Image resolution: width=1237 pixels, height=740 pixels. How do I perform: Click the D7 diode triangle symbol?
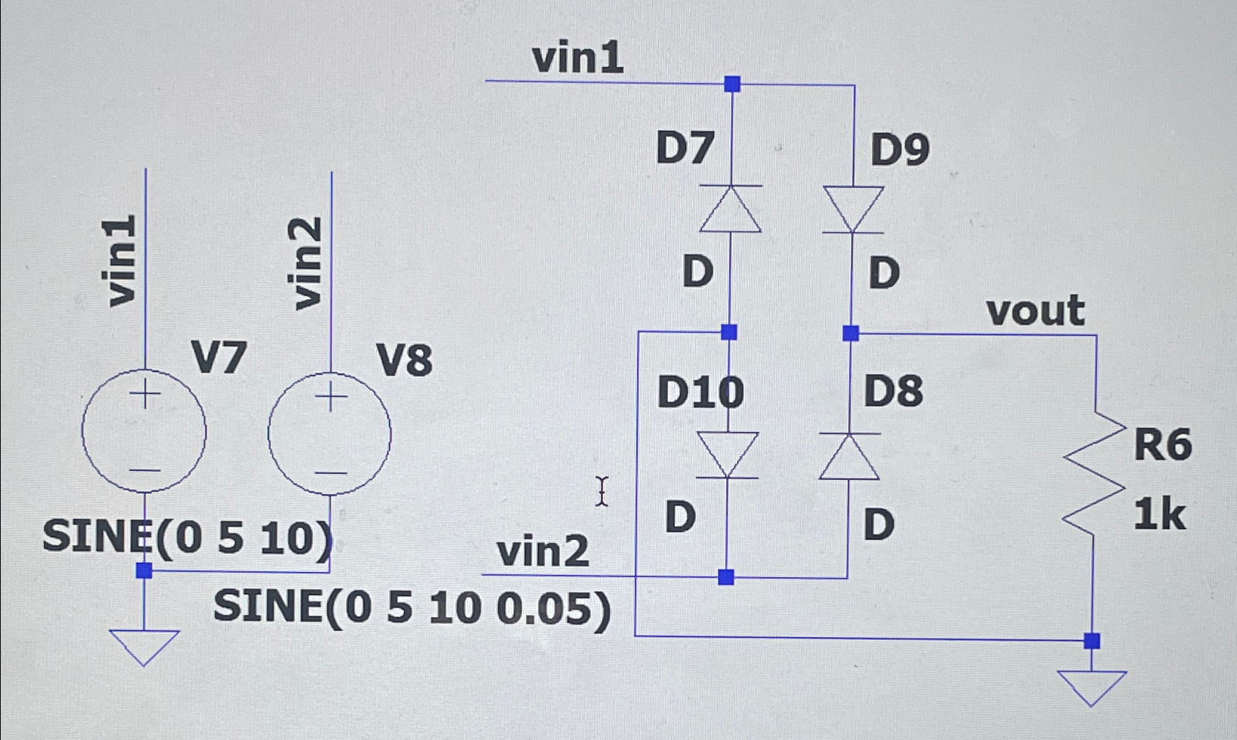(730, 210)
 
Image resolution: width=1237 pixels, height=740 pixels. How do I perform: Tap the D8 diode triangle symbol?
(850, 457)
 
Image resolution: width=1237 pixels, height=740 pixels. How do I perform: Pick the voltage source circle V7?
(144, 430)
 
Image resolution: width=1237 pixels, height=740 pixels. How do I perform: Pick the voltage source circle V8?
(330, 433)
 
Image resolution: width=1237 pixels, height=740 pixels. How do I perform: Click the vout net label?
(1036, 310)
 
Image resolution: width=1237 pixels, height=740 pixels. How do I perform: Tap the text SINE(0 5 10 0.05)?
(413, 610)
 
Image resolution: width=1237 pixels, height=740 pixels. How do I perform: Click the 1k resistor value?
(1159, 514)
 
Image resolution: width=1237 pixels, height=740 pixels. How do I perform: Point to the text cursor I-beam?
(601, 492)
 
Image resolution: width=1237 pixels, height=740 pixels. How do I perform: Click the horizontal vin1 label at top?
(578, 59)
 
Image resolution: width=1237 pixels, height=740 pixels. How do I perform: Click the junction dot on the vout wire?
(851, 333)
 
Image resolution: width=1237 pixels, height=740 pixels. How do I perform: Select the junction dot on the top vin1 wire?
(732, 84)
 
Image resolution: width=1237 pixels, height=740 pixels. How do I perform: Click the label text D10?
(700, 392)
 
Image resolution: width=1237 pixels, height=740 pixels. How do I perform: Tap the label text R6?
(1163, 445)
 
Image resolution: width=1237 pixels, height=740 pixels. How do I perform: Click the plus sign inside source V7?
(146, 393)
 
